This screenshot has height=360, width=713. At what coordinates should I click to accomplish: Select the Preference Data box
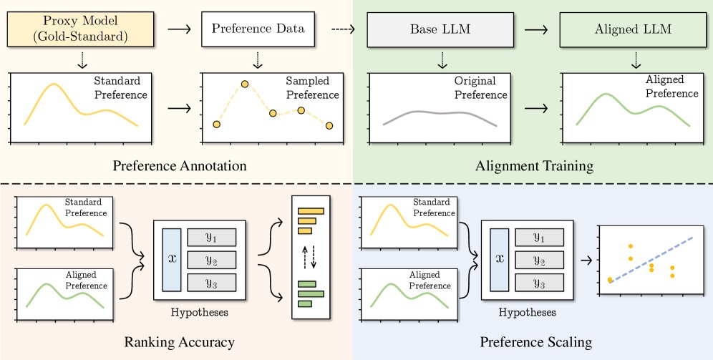click(x=258, y=29)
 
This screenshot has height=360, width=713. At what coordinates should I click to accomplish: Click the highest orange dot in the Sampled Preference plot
click(x=245, y=84)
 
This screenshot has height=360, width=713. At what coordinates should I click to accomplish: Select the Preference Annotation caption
click(x=179, y=166)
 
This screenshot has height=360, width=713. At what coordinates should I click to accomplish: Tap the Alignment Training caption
click(x=534, y=166)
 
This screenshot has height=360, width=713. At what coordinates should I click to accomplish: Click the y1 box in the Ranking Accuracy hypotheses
click(x=211, y=238)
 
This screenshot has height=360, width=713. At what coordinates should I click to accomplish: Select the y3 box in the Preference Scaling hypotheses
click(x=538, y=283)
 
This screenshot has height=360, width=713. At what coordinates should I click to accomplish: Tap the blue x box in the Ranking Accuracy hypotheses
click(x=172, y=260)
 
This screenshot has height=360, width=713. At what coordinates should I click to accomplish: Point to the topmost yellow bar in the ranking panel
click(x=311, y=211)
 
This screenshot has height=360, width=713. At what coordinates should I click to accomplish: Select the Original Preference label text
click(x=480, y=88)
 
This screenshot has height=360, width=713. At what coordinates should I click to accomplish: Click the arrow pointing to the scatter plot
click(x=586, y=259)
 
